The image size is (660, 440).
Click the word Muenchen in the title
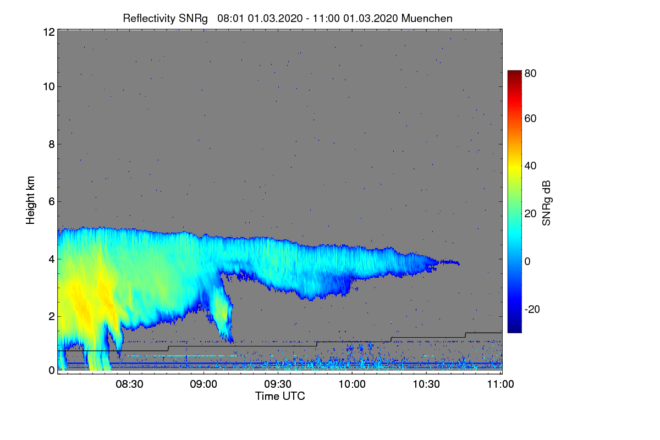pos(427,19)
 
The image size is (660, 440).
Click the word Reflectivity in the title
pos(149,19)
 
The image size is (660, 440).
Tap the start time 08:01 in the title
pos(230,19)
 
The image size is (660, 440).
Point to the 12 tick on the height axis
pos(49,32)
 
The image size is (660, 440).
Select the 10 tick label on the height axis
pos(49,87)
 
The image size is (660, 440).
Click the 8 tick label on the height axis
pos(52,145)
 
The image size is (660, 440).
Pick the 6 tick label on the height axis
pos(52,202)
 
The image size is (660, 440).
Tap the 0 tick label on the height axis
pos(52,371)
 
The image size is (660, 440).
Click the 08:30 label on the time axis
pos(129,384)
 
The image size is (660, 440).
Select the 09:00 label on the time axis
pos(204,384)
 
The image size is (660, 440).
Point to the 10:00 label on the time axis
pos(352,384)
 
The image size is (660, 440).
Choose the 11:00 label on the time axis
pos(501,384)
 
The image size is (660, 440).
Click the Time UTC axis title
pos(280,396)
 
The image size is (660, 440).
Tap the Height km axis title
pos(30,200)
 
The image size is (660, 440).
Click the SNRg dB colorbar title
pos(546,203)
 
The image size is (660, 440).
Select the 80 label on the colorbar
pos(530,73)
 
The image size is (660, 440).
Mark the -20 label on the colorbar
pos(532,309)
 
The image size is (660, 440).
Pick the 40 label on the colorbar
pos(530,166)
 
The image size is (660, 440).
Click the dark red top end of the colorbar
pos(514,72)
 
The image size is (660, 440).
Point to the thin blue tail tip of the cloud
pos(459,263)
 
